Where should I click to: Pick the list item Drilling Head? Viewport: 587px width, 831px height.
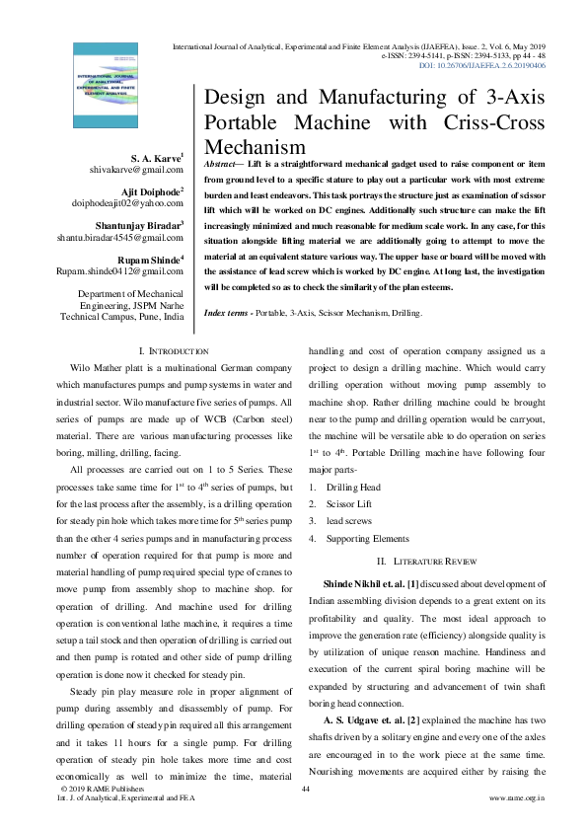pos(353,489)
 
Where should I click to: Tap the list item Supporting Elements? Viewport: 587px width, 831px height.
pos(367,539)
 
